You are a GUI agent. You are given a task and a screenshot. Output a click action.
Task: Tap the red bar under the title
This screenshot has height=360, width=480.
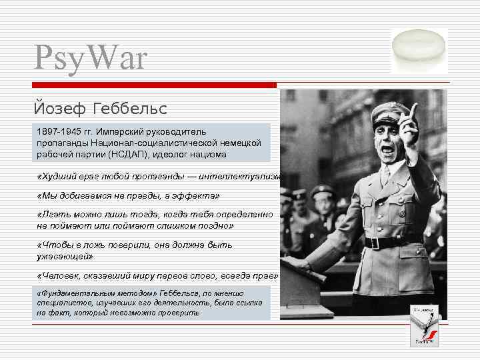pyautogui.click(x=153, y=85)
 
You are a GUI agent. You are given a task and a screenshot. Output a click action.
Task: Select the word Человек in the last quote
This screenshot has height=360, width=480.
pyautogui.click(x=61, y=276)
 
